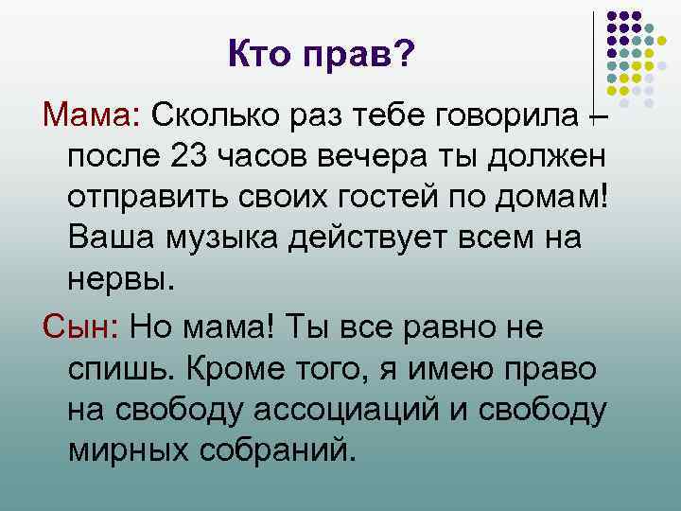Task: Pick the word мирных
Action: (x=128, y=447)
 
